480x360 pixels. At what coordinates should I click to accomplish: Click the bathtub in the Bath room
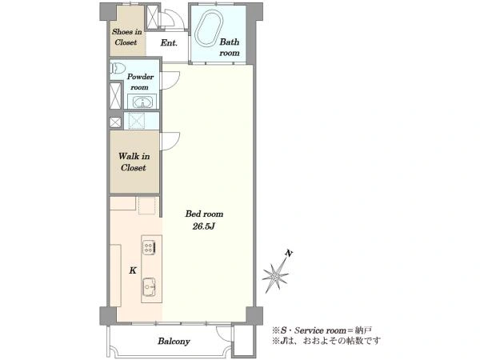(209, 28)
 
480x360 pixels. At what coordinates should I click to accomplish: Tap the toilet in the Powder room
(118, 68)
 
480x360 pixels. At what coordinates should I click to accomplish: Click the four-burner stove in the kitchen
(149, 247)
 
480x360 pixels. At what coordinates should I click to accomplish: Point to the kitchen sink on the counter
(150, 287)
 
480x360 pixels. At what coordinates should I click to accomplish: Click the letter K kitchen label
(133, 270)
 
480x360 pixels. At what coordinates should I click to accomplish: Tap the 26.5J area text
(203, 226)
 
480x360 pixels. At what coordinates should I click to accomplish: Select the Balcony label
(174, 341)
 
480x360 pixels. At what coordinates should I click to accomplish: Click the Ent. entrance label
(169, 42)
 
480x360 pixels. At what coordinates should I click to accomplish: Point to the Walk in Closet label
(134, 162)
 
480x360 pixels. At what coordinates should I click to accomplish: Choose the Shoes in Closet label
(126, 37)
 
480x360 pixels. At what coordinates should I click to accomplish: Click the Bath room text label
(230, 47)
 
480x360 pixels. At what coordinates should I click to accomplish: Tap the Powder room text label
(140, 82)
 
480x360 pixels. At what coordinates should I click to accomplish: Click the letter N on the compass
(289, 253)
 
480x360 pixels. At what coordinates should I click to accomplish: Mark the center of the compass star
(275, 278)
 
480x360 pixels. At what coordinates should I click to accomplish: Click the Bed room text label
(204, 214)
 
